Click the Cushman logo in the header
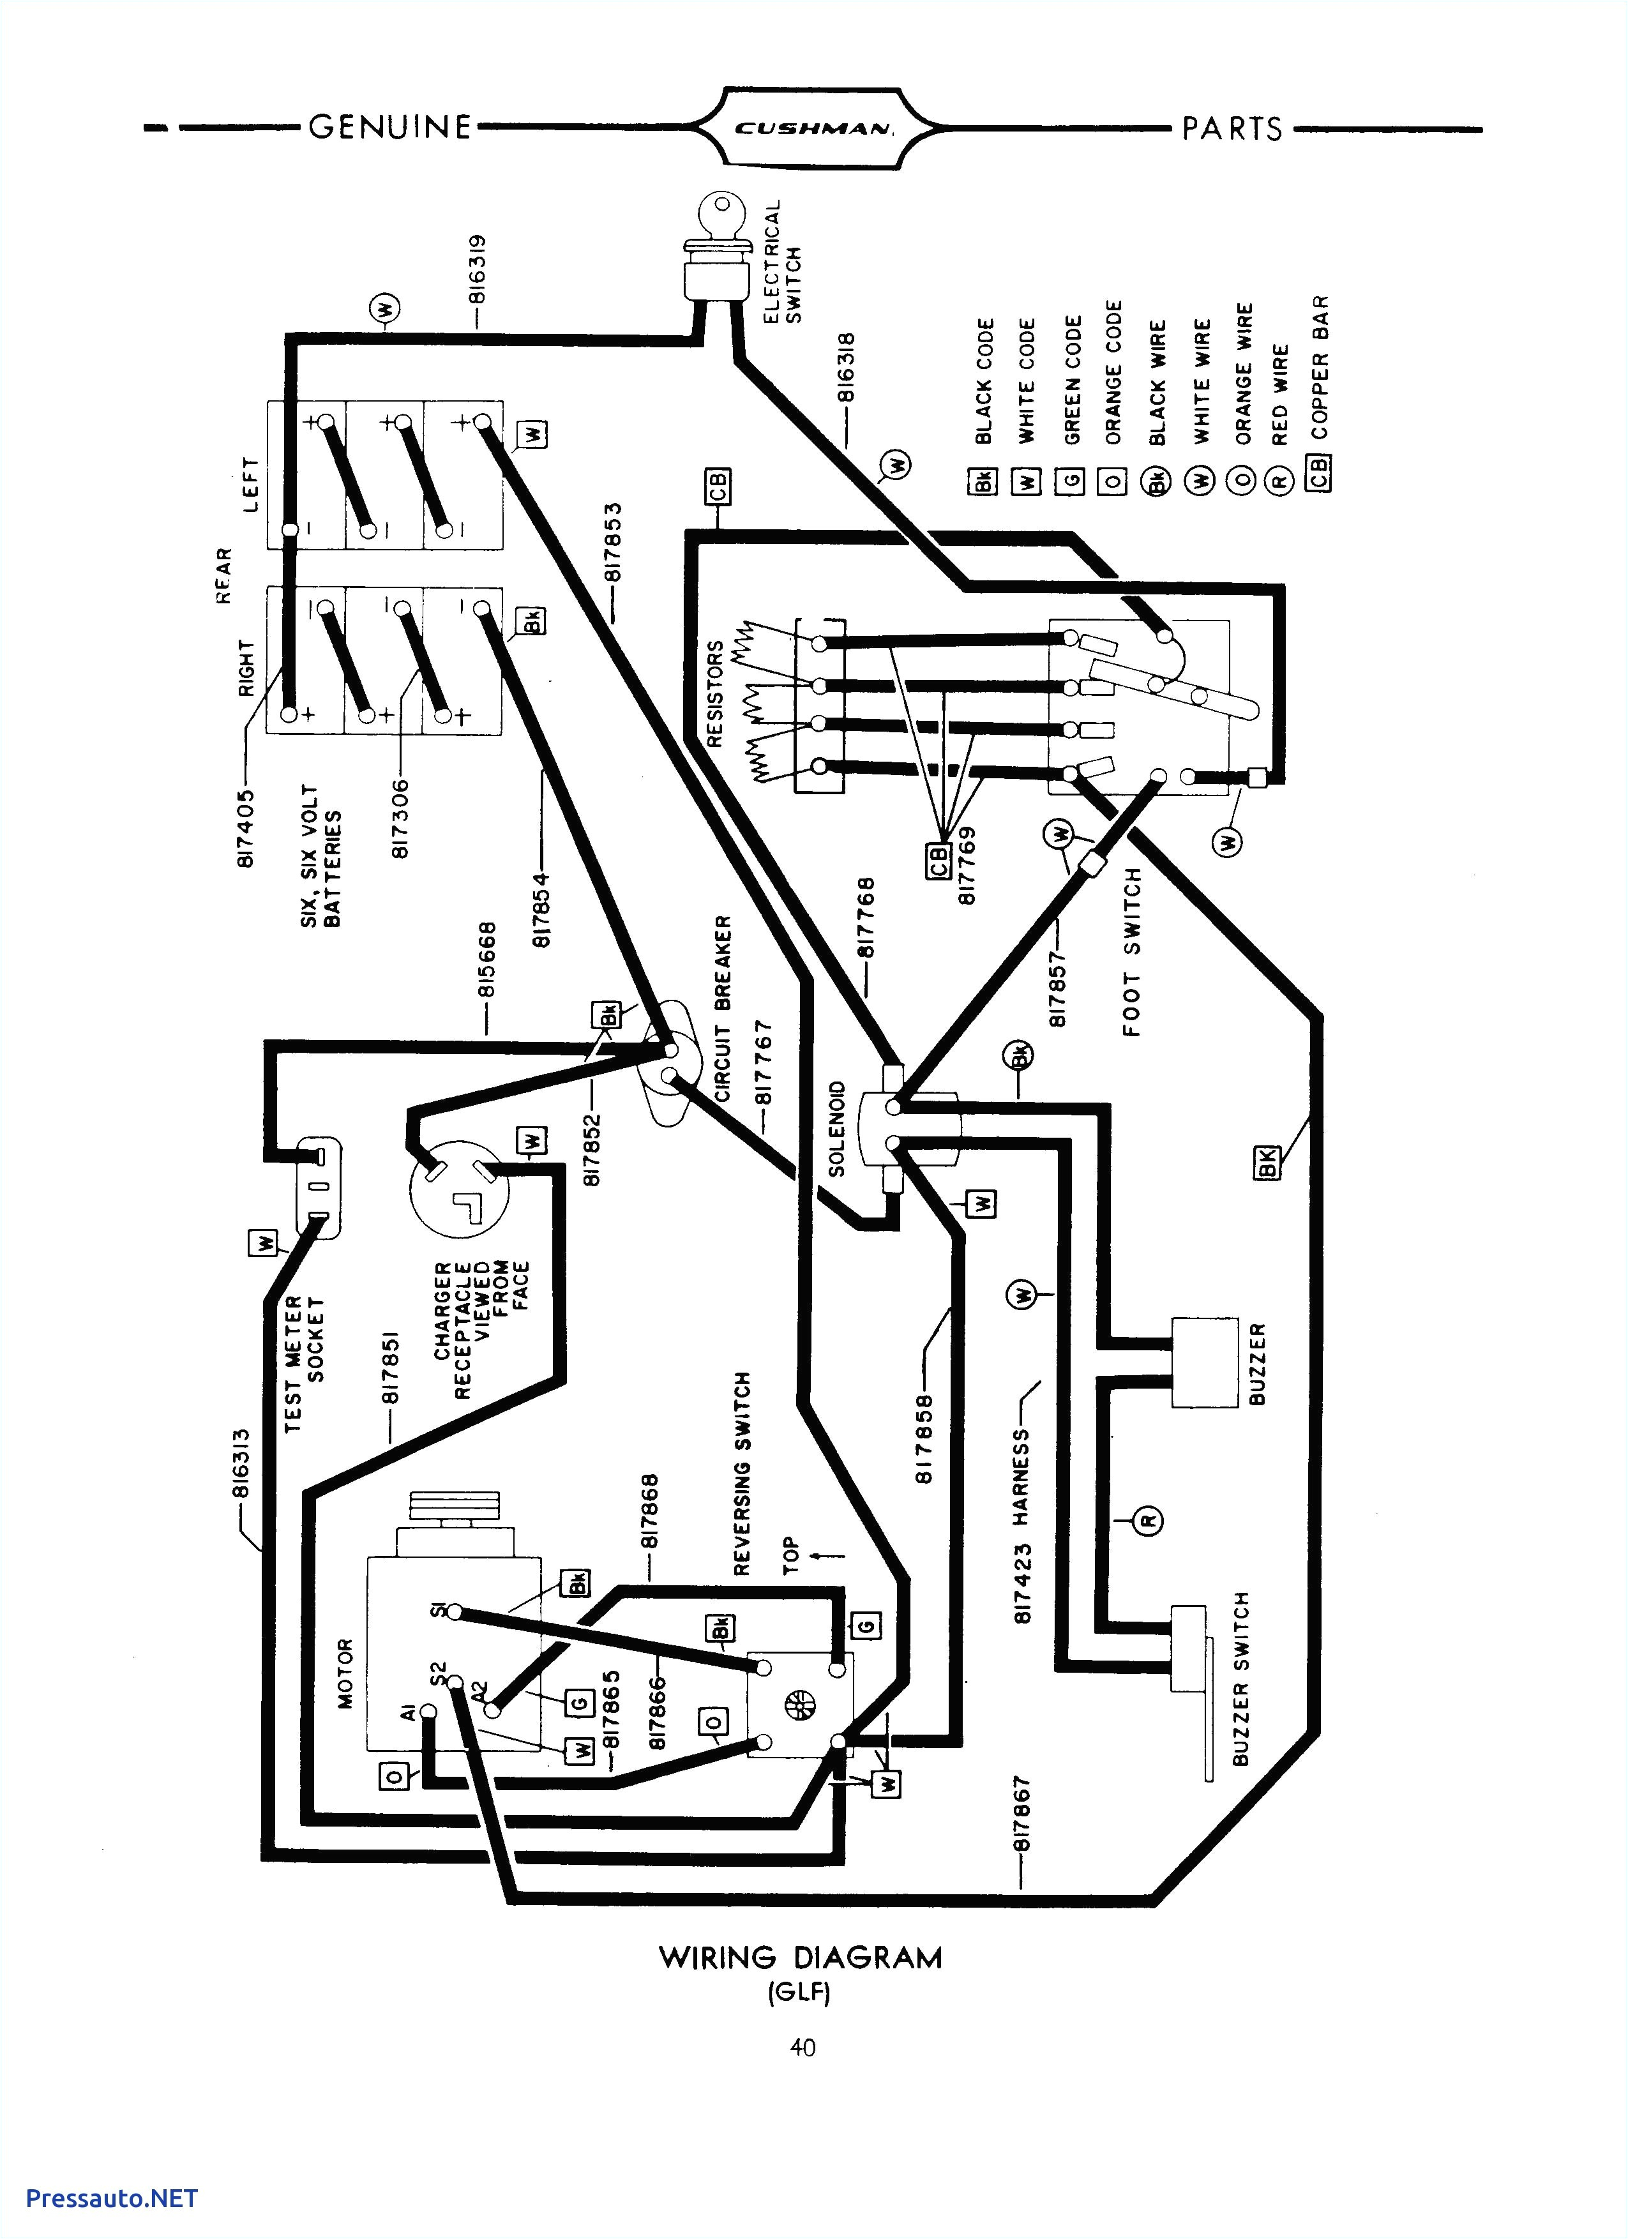813,127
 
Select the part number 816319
477,269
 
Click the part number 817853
614,542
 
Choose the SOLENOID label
837,1128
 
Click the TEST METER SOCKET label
304,1364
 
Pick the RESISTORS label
716,693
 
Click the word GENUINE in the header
390,127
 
